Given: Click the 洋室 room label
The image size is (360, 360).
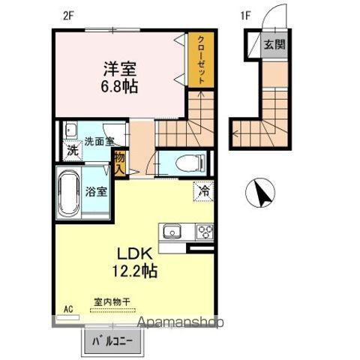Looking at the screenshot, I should click(x=120, y=68).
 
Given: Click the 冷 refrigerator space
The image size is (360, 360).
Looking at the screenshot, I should click(x=202, y=191).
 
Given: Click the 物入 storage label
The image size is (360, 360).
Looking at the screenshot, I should click(x=118, y=163).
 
